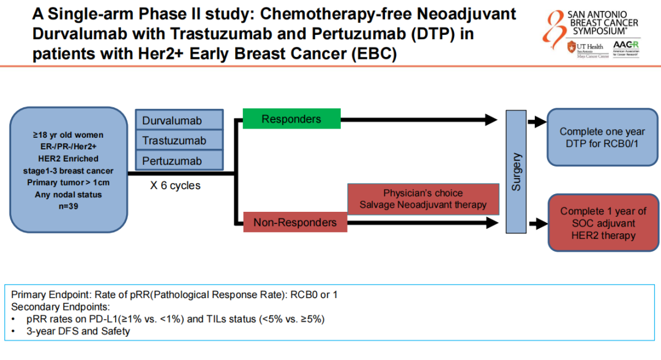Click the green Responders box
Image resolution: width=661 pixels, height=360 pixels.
291,119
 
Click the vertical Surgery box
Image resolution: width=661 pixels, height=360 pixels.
517,172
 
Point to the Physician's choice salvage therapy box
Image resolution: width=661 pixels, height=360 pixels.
423,199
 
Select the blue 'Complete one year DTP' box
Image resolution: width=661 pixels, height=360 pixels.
602,138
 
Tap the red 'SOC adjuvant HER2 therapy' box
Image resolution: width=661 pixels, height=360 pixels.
602,223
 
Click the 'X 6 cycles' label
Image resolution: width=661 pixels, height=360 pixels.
175,185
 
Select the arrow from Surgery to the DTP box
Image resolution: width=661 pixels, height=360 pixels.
537,122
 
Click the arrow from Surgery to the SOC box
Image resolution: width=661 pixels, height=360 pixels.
537,222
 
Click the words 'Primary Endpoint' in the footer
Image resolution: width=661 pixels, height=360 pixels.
49,294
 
